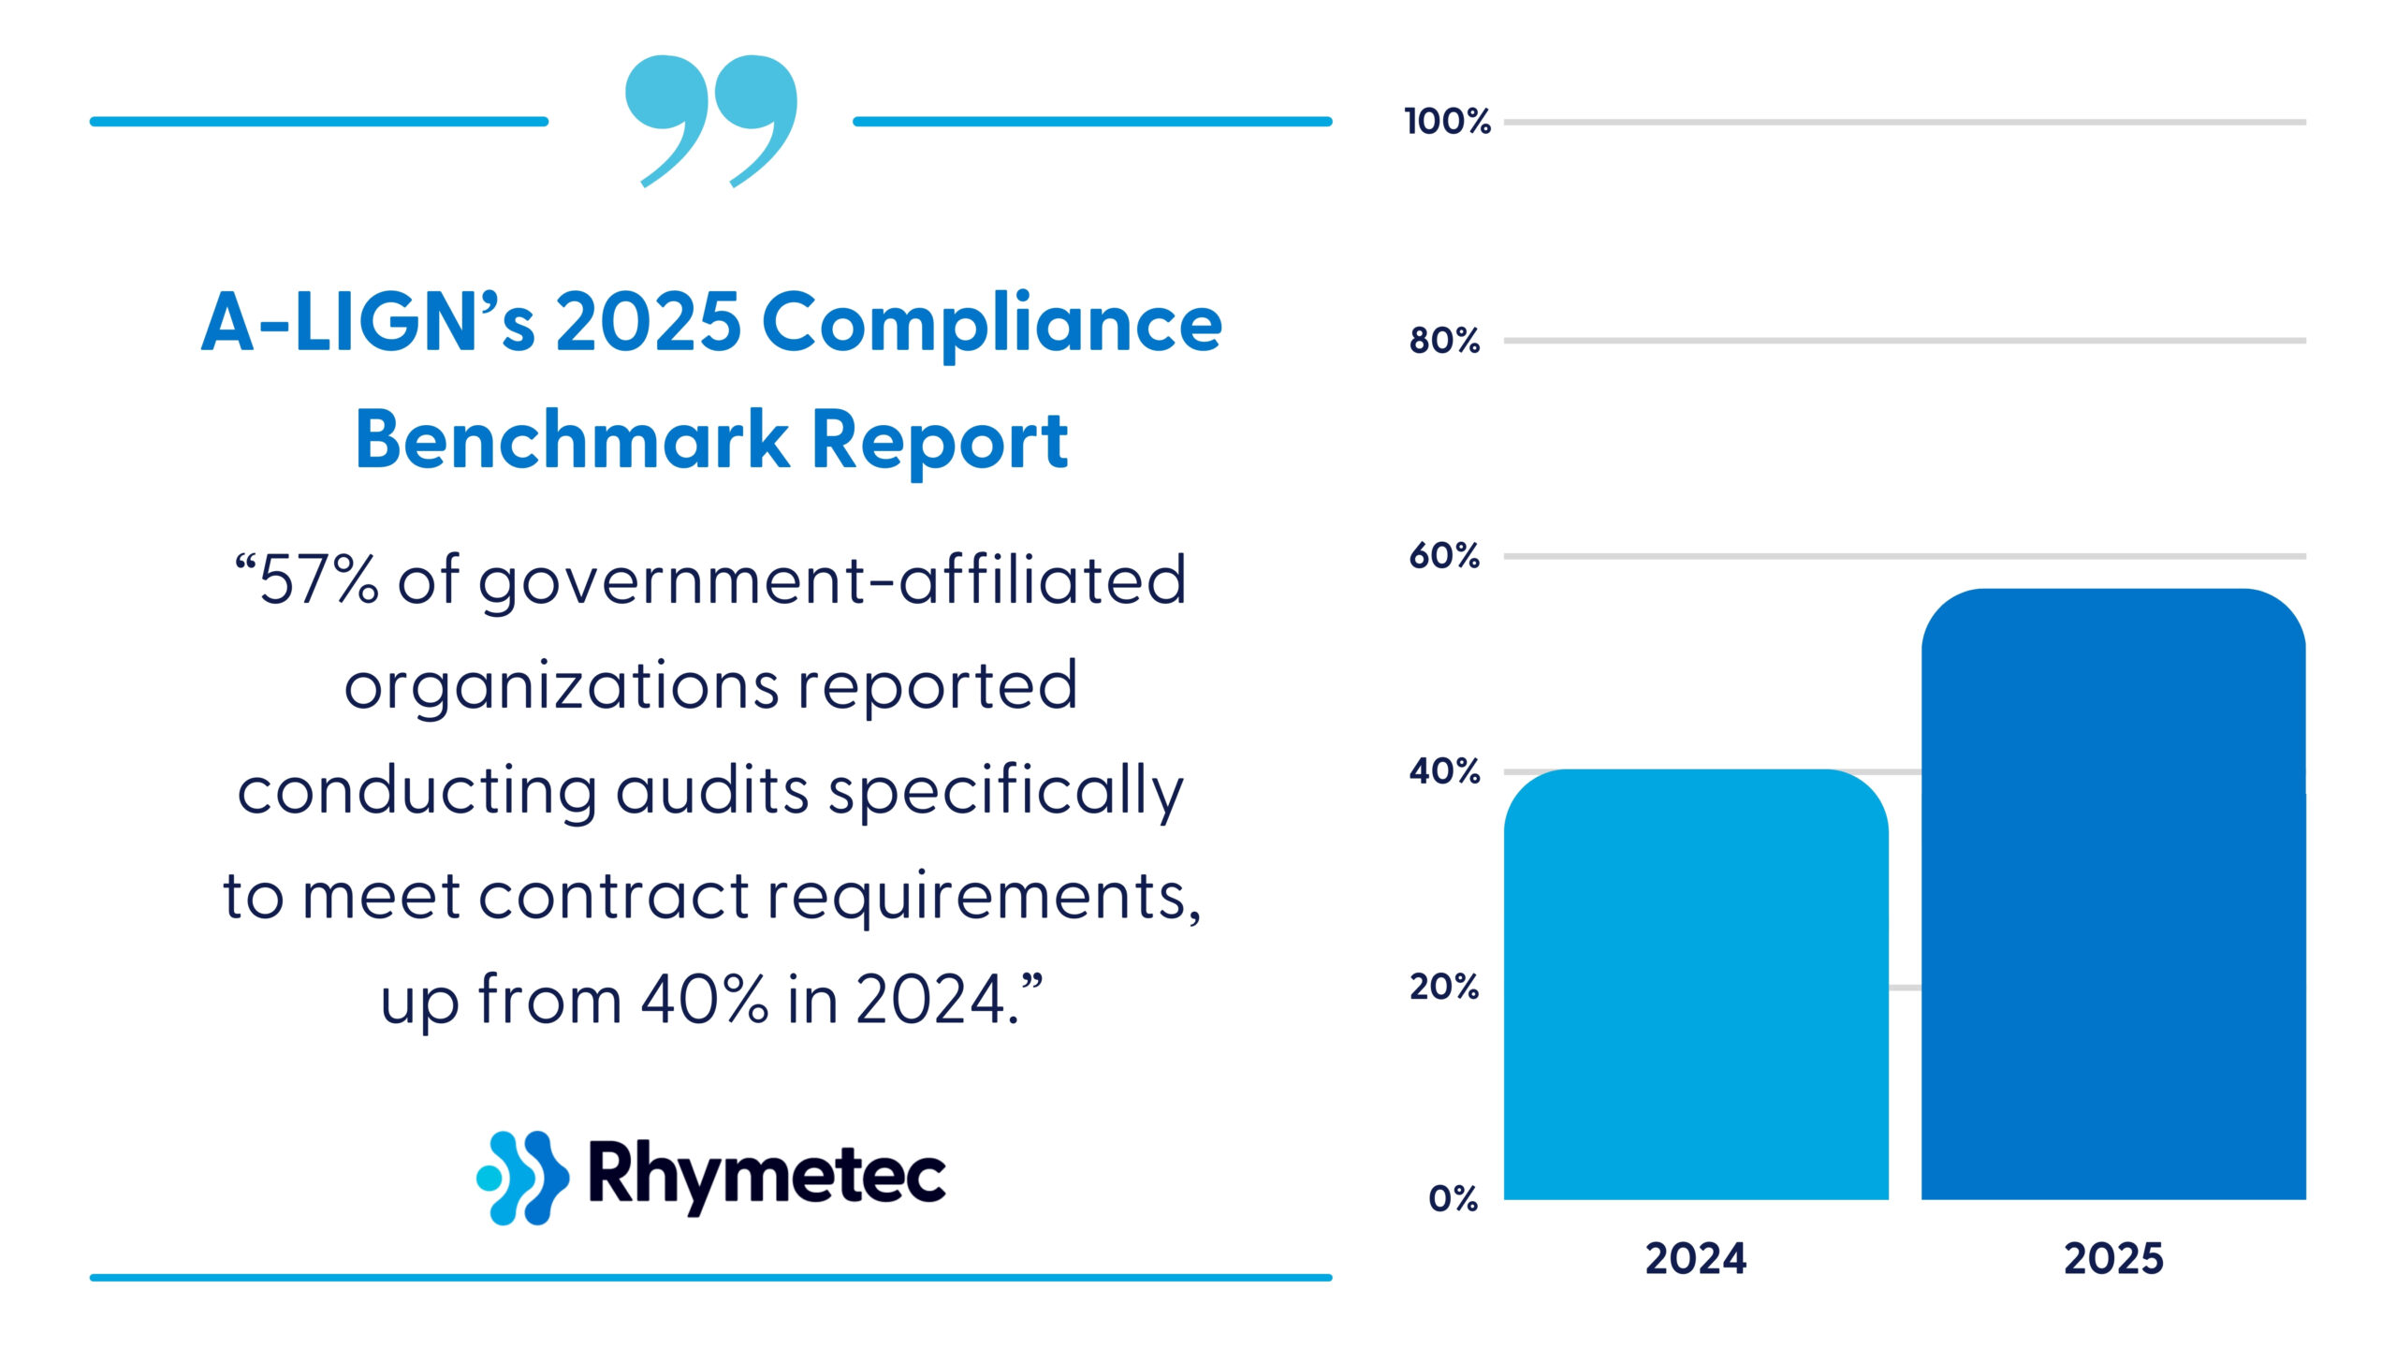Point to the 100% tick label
[1447, 122]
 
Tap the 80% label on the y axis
[1444, 341]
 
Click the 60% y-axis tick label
[1444, 556]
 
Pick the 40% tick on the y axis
[1444, 772]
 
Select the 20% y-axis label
[1444, 987]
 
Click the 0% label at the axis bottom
[1453, 1199]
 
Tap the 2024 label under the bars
[1695, 1259]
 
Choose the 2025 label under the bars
[2113, 1259]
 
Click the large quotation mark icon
[711, 120]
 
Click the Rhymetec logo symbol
[522, 1177]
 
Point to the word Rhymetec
[767, 1175]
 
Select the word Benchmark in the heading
[572, 439]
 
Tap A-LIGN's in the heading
[368, 323]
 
